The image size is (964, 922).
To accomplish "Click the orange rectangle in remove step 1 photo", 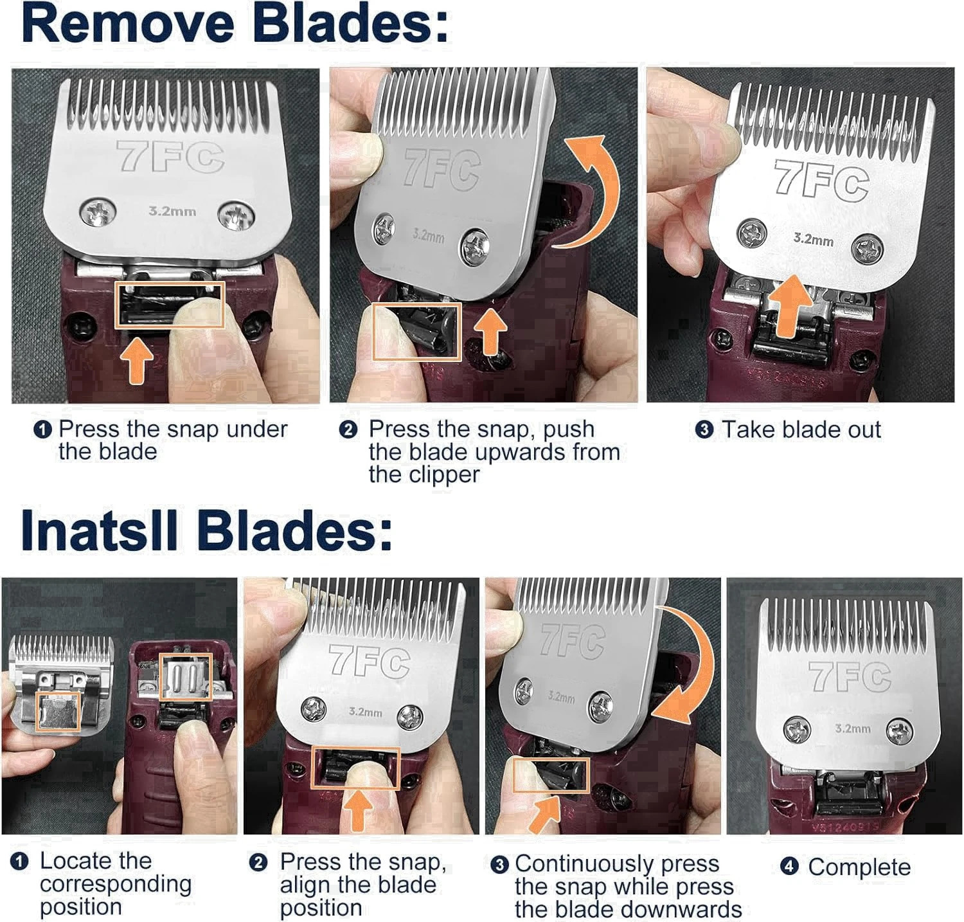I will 169,305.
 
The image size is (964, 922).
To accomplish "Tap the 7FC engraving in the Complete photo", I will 850,676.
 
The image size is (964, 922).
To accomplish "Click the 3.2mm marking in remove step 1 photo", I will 172,211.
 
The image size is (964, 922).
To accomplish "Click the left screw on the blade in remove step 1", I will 98,213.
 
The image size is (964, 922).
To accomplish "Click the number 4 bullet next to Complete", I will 789,867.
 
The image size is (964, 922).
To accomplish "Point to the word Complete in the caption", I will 859,867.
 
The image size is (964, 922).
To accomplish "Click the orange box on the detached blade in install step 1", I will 58,712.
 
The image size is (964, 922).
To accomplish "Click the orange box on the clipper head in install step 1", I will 186,677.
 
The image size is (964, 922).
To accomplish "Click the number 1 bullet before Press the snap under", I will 42,430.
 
